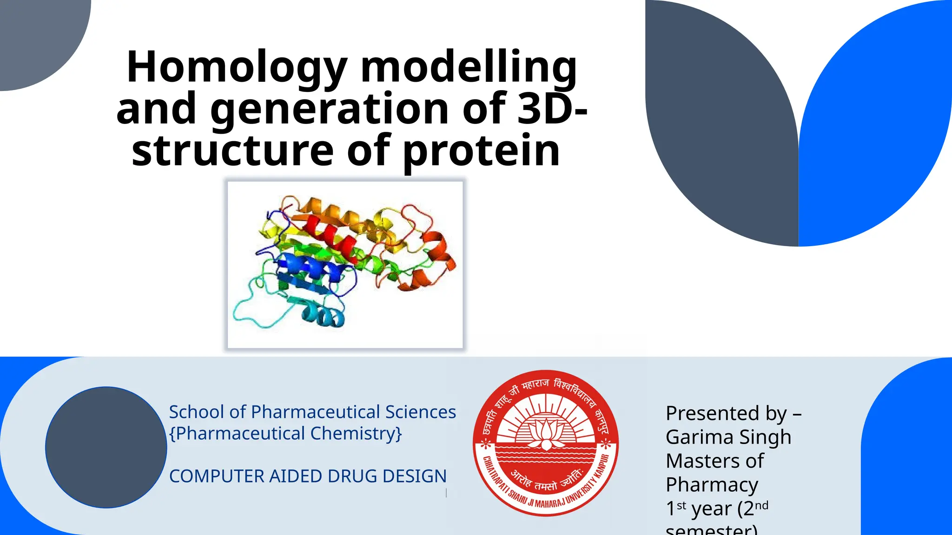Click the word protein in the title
481,151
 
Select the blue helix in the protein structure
307,267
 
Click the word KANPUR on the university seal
602,467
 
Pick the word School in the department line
196,412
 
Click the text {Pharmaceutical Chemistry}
285,433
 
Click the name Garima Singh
728,437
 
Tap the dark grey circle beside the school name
106,447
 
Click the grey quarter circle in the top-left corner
37,37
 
